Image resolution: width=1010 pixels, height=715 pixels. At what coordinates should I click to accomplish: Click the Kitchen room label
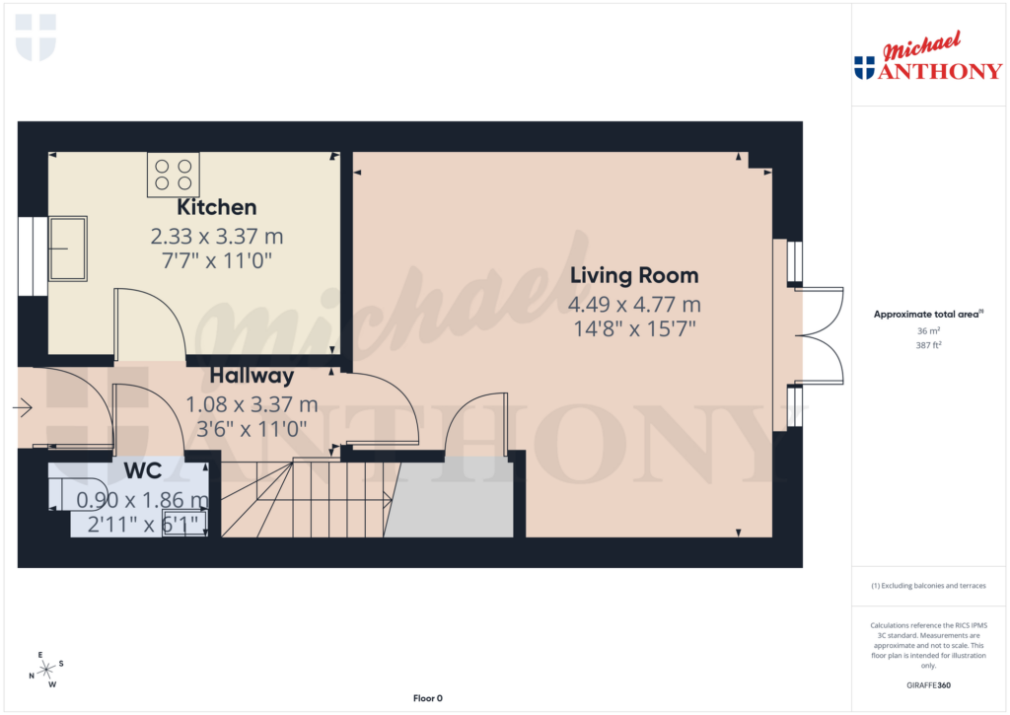(x=216, y=208)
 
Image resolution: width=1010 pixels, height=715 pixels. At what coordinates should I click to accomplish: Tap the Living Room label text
(x=633, y=276)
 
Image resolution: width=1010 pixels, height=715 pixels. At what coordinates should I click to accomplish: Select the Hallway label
(x=252, y=376)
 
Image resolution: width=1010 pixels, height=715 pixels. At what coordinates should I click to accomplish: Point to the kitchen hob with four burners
(x=173, y=175)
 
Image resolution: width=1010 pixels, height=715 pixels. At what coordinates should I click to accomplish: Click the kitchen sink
(x=68, y=249)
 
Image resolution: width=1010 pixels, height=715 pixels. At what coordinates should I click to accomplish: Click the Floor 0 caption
(x=427, y=698)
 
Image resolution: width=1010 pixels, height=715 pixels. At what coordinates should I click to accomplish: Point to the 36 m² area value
(x=927, y=331)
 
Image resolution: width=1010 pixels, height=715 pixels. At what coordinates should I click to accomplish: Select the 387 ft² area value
(x=927, y=346)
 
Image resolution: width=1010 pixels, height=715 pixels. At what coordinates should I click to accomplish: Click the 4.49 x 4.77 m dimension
(x=634, y=305)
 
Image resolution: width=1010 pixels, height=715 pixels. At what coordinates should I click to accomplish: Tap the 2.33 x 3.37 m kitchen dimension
(x=216, y=237)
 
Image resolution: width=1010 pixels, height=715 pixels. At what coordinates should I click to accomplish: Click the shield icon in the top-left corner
(x=36, y=36)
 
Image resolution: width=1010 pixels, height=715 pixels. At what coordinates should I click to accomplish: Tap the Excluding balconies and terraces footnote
(x=928, y=586)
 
